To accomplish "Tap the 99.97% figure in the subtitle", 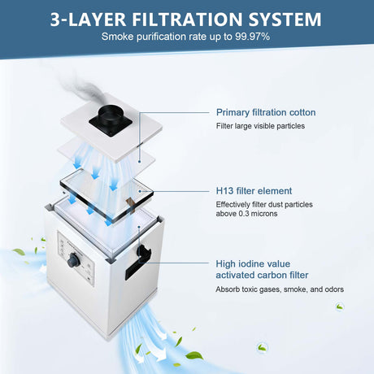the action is [252, 37].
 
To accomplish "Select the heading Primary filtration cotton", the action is [266, 112].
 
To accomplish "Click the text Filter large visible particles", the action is [260, 126].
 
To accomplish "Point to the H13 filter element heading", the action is [254, 191].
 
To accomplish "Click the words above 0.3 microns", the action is [246, 214].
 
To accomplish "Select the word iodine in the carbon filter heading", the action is [255, 263].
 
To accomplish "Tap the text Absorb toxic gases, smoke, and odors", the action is [280, 289].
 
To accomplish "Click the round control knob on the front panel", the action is [73, 260].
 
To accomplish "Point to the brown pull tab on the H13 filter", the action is [131, 205].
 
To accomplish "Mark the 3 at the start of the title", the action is [55, 20].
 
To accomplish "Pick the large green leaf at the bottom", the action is [194, 354].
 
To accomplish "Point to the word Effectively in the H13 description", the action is [233, 204].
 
